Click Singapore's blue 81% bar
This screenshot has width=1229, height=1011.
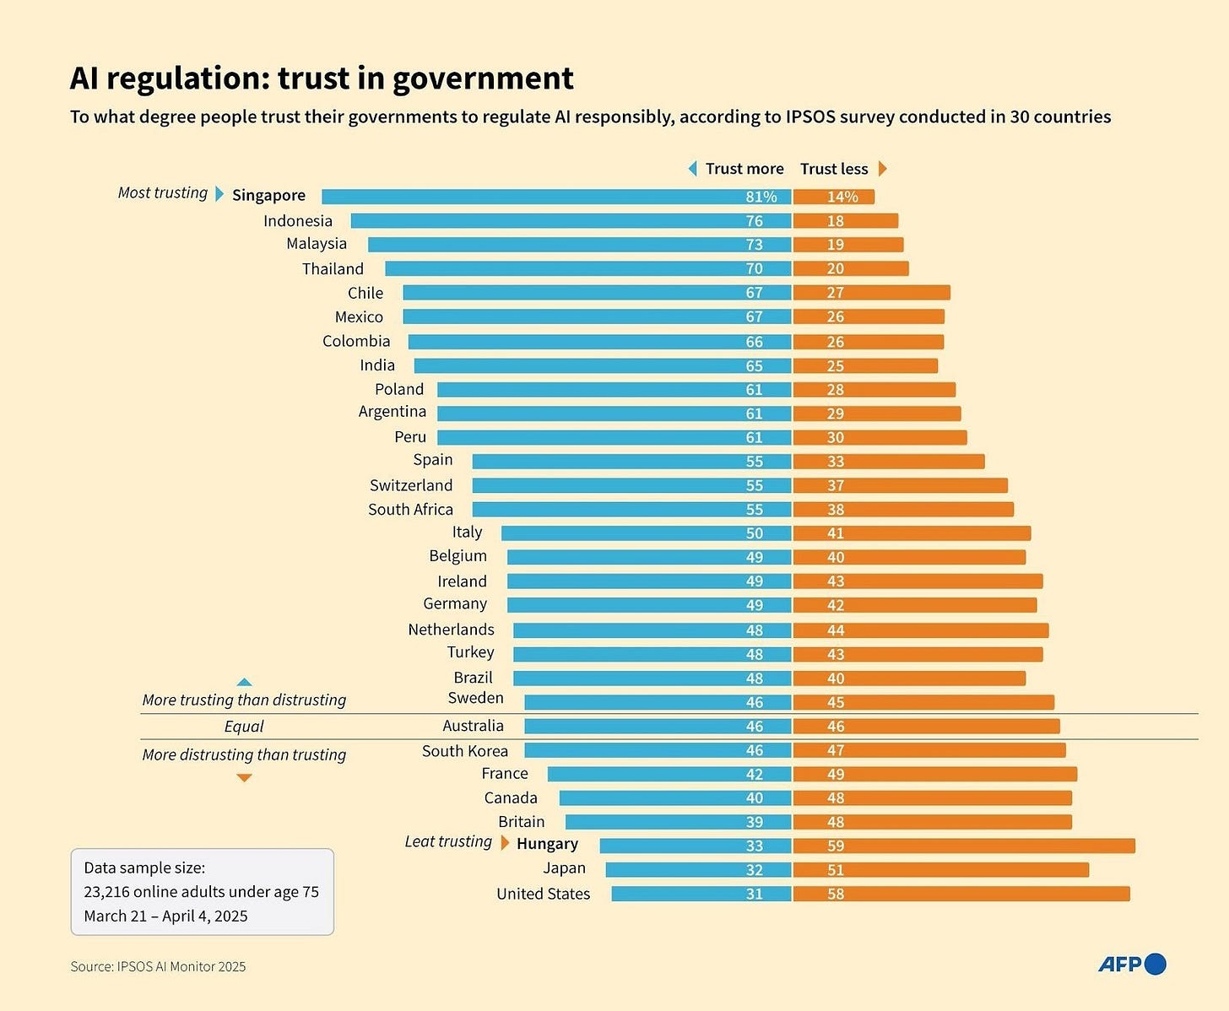(x=556, y=197)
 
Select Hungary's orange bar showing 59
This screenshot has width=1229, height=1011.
(x=964, y=846)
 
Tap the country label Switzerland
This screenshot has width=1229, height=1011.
(x=411, y=485)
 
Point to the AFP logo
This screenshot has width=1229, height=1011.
(x=1131, y=964)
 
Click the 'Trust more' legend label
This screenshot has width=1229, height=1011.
(x=744, y=169)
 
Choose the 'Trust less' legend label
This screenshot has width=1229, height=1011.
(x=834, y=169)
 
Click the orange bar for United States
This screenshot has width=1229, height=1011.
(x=961, y=894)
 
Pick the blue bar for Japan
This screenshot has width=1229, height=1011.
(x=698, y=869)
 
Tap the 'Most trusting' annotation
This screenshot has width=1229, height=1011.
(x=162, y=193)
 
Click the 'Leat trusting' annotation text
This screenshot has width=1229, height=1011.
(x=447, y=841)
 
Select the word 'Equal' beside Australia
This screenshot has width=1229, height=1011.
(x=244, y=727)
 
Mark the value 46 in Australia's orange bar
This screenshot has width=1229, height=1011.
(x=836, y=727)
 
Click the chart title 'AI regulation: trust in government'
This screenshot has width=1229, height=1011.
(x=322, y=78)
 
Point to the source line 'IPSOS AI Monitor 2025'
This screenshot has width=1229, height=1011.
(x=158, y=967)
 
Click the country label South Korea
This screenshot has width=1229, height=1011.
(x=465, y=751)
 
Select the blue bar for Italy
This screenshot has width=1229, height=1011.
(x=646, y=533)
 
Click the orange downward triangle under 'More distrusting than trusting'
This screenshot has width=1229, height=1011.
(x=244, y=777)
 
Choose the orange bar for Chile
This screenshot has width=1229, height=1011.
(x=871, y=293)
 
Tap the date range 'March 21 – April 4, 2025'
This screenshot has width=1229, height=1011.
(x=165, y=916)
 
